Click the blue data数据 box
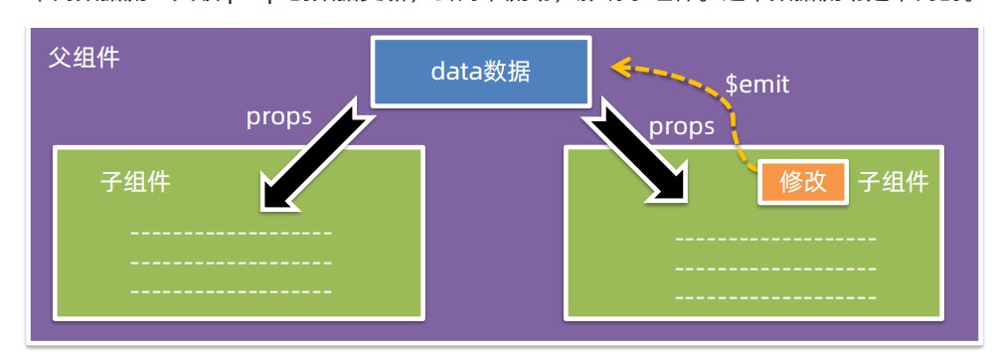[x=480, y=72]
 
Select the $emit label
[x=756, y=86]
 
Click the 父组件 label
[x=84, y=58]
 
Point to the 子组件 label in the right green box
[x=893, y=182]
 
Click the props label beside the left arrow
[x=279, y=117]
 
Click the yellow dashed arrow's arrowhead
[x=622, y=68]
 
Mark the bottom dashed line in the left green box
[x=231, y=291]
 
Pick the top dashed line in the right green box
[x=775, y=240]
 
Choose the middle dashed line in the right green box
[x=775, y=269]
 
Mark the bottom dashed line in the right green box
[x=775, y=296]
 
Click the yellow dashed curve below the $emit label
[x=737, y=129]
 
